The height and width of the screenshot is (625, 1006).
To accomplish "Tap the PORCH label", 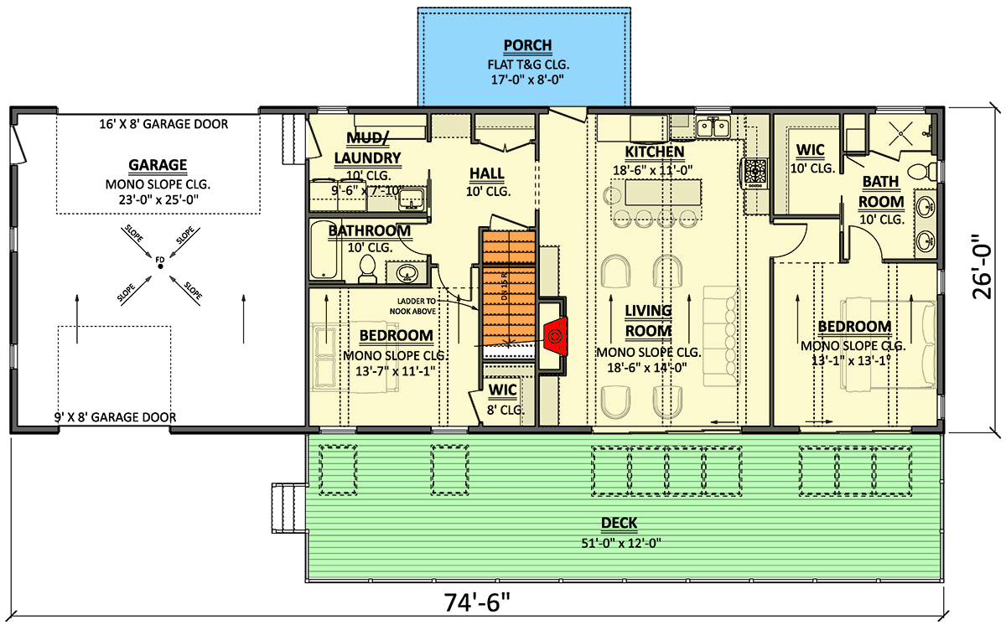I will click(x=526, y=45).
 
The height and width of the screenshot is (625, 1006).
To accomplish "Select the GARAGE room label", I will click(x=158, y=165).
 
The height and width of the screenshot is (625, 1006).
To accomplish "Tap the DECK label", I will click(x=618, y=524).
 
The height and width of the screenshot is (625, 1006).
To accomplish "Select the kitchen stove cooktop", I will click(x=754, y=172).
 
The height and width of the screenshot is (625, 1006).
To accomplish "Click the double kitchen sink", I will click(x=713, y=127).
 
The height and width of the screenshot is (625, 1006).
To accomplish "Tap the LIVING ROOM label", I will click(x=648, y=320).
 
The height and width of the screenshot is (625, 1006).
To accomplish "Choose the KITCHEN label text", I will click(x=654, y=152).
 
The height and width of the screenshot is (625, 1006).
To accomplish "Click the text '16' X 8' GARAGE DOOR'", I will click(x=162, y=124).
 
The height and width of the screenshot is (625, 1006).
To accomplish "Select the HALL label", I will click(x=486, y=173).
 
